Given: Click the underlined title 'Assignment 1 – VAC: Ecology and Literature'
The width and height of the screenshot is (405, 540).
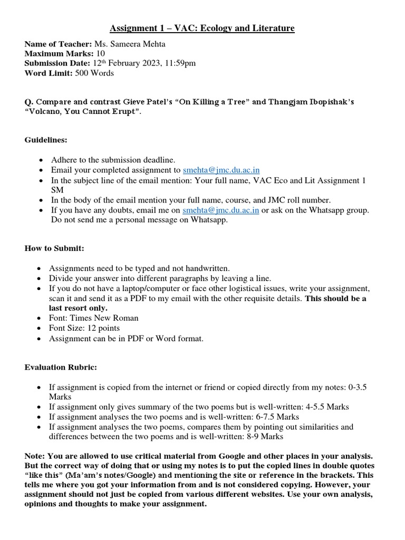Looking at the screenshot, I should coord(202,28).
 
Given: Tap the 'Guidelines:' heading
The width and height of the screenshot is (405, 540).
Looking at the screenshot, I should coord(46,140).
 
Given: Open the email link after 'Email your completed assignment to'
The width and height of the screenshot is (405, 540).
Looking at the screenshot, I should coord(221,170).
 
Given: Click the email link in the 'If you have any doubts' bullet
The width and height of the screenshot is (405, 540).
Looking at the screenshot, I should coord(220,210).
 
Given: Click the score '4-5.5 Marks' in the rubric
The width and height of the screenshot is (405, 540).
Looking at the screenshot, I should coord(326,407).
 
